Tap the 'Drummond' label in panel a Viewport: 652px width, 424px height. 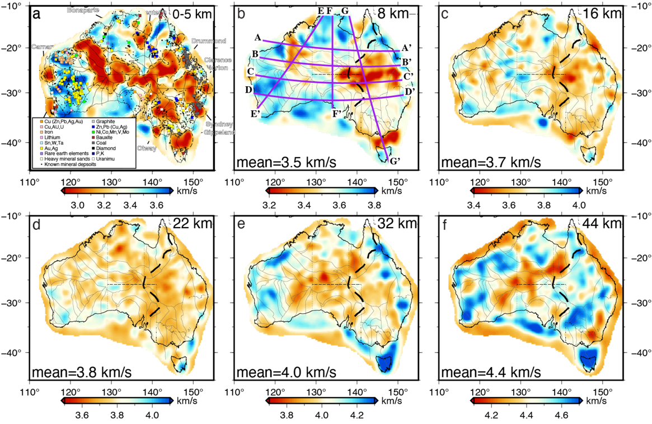(209, 41)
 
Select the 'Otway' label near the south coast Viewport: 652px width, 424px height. (147, 148)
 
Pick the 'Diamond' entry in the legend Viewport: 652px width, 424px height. (106, 148)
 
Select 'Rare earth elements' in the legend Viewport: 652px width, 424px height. (67, 154)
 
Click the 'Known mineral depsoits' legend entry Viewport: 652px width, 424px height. (65, 165)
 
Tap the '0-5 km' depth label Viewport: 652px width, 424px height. (192, 14)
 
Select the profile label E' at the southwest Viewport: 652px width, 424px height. (257, 114)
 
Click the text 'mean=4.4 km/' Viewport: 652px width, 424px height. (485, 371)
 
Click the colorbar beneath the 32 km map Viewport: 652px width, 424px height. (322, 401)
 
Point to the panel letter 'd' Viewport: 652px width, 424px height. (37, 225)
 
